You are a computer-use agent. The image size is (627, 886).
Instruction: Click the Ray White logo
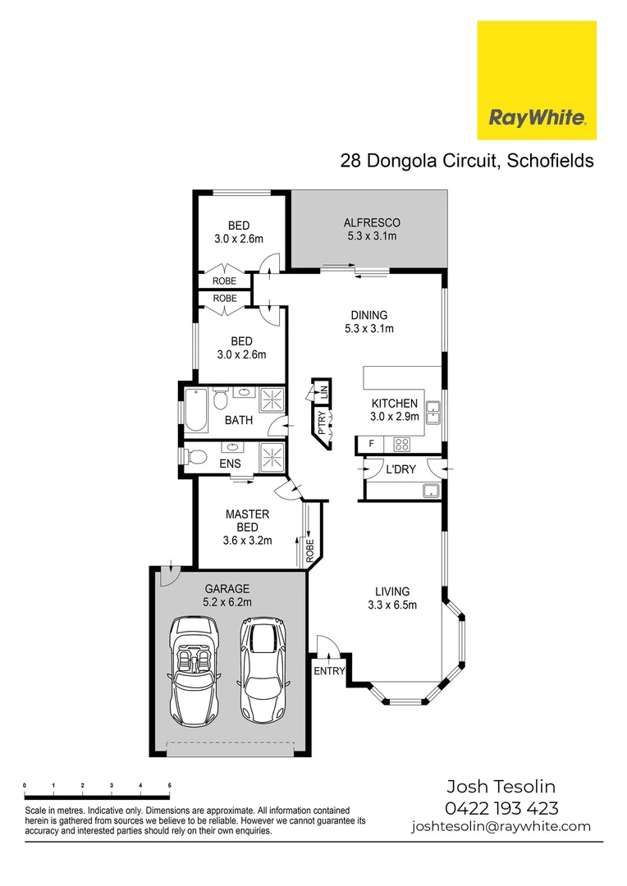pyautogui.click(x=538, y=80)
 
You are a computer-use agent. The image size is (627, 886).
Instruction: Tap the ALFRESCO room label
pyautogui.click(x=371, y=222)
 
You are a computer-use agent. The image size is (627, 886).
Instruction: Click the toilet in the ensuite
pyautogui.click(x=193, y=455)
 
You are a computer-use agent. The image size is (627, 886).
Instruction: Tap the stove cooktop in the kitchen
pyautogui.click(x=403, y=445)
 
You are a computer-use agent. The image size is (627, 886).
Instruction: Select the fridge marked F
pyautogui.click(x=372, y=445)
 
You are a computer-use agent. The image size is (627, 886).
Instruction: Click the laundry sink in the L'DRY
pyautogui.click(x=428, y=491)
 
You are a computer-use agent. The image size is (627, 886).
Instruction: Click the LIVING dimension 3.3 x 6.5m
pyautogui.click(x=392, y=605)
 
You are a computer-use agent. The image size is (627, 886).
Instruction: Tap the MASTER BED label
pyautogui.click(x=247, y=521)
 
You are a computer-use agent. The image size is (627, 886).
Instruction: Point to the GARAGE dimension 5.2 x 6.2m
pyautogui.click(x=227, y=601)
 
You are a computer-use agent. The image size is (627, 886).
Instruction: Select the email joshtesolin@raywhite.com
pyautogui.click(x=501, y=826)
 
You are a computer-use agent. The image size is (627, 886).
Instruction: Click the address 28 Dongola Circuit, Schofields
pyautogui.click(x=466, y=161)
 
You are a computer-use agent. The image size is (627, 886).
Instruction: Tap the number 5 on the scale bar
pyautogui.click(x=169, y=785)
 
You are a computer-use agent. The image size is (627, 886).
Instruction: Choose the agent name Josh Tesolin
pyautogui.click(x=501, y=787)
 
